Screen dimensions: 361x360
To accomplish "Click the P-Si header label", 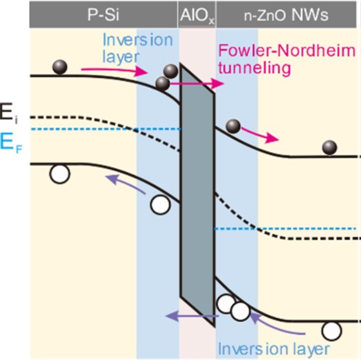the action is coord(103,15).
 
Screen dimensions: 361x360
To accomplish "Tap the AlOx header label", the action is coord(197,15).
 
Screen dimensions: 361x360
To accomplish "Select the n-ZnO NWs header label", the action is coord(286,15).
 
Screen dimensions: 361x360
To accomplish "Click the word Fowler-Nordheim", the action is coord(287,51).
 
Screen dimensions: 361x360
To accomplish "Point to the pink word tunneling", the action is coord(255,68).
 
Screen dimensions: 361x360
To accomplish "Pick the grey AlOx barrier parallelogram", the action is coord(197,195).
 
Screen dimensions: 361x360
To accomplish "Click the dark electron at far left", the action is coord(60,67).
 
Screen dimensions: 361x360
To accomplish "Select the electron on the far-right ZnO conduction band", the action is coord(329,148).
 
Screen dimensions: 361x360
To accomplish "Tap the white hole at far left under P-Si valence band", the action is coord(59,174).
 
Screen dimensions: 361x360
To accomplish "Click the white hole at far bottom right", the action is coord(331,331).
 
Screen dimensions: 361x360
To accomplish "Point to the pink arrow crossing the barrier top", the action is coord(197,83).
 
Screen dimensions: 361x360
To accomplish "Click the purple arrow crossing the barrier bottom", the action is coord(192,316).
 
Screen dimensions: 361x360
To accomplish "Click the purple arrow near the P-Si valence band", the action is coord(126,184).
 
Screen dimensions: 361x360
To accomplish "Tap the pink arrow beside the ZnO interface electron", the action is coord(260,135).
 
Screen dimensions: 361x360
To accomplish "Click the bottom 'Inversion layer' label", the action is coord(273,349).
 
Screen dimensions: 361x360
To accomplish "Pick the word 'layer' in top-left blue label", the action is coord(121,57).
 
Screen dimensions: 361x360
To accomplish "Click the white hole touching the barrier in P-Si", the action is coord(161,205).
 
